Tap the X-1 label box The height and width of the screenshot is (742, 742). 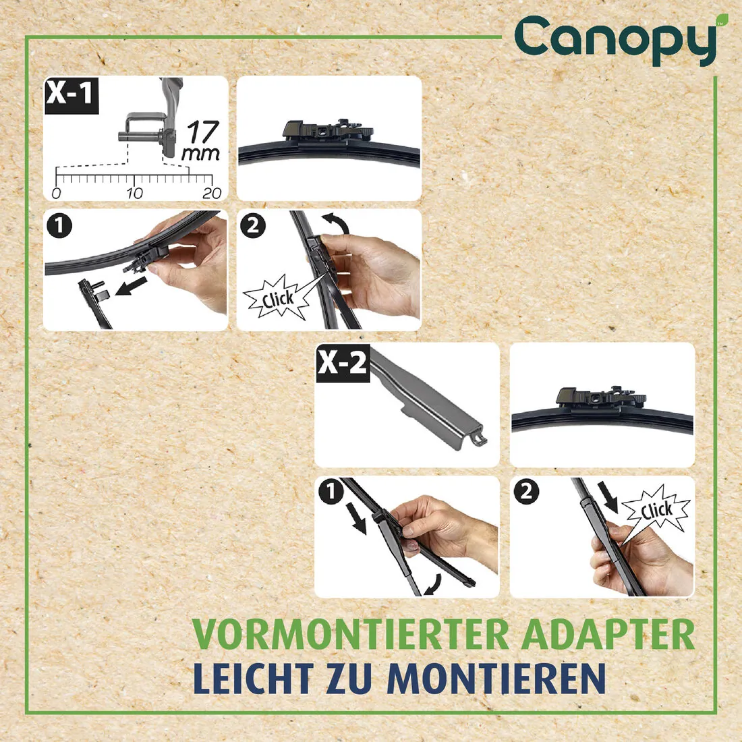click(71, 94)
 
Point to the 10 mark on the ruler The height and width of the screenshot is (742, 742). click(134, 193)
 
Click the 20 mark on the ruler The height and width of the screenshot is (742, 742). click(212, 193)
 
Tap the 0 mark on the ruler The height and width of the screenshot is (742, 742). click(56, 193)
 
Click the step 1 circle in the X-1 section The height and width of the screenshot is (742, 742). click(59, 225)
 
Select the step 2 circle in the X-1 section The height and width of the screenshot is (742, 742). click(253, 225)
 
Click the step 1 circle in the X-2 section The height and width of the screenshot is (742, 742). click(331, 492)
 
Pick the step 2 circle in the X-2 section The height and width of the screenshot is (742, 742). click(526, 492)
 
